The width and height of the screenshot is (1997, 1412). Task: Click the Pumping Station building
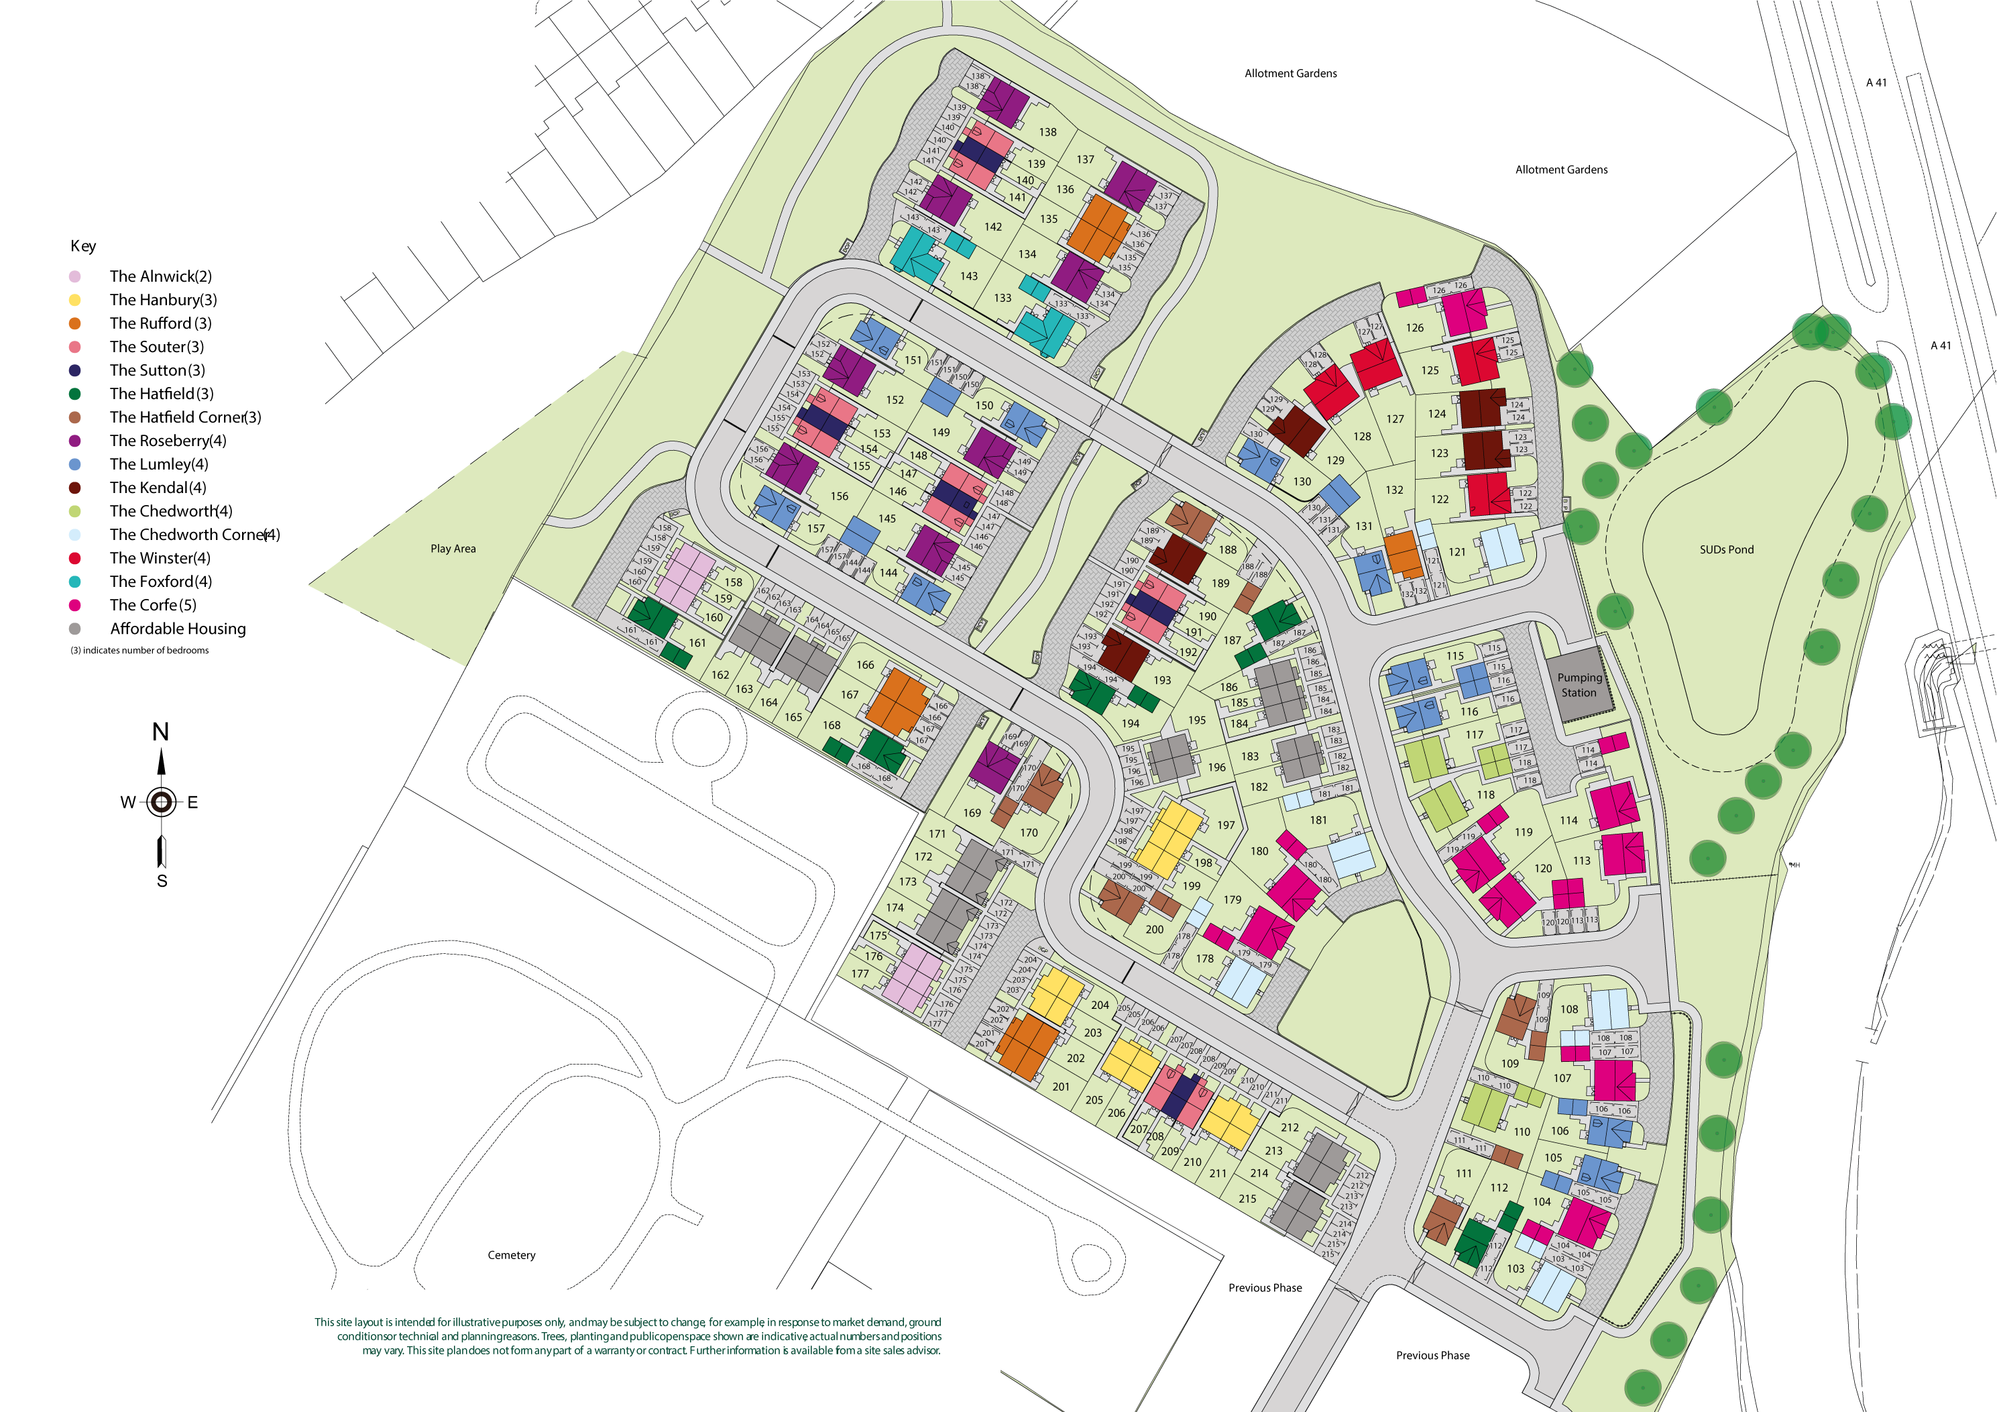coord(1578,685)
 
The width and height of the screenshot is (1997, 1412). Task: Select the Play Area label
coord(453,549)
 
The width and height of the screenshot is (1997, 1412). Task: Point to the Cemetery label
coord(512,1254)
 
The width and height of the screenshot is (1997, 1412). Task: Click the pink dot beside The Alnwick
coord(75,276)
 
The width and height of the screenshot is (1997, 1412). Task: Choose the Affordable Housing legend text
coord(178,628)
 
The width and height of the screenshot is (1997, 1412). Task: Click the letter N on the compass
coord(160,732)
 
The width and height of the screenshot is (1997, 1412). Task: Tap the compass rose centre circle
coord(161,802)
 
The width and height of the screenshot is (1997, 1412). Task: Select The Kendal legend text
coord(158,487)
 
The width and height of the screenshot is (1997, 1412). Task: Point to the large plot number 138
coord(1047,132)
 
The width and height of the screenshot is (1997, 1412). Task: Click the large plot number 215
coord(1247,1198)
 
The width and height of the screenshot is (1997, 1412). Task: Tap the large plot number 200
coord(1154,929)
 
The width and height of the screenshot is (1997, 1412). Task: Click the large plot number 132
coord(1394,490)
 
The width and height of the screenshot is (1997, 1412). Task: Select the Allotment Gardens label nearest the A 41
coord(1561,170)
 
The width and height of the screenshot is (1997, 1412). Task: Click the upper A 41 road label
coord(1876,83)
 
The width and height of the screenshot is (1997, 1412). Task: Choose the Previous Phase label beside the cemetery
coord(1265,1288)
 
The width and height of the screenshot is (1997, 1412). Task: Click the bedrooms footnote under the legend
coord(139,651)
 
